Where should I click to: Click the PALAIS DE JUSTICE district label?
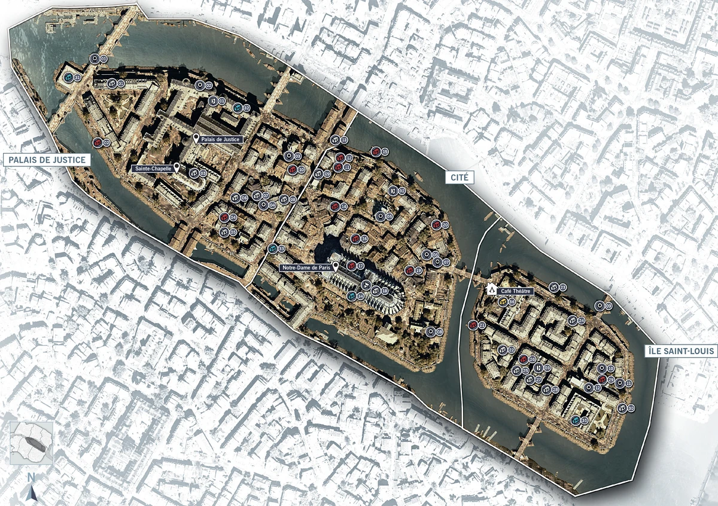coord(46,160)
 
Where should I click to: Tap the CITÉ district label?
coord(460,177)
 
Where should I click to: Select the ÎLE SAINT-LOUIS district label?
coord(682,351)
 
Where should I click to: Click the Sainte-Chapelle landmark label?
coord(153,169)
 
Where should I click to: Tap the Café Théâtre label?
coord(515,291)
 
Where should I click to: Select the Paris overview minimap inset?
coord(31,443)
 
